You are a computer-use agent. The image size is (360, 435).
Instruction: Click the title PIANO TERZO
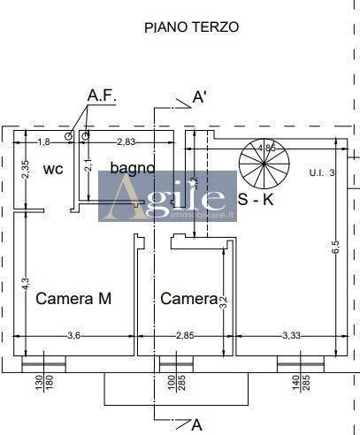tap(191, 27)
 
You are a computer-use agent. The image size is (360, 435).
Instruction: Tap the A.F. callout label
tap(103, 95)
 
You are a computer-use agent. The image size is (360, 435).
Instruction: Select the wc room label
tap(53, 168)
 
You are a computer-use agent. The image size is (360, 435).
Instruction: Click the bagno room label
tap(133, 167)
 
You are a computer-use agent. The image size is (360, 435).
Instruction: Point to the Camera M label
tap(73, 299)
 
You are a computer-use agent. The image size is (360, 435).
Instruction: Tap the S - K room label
tap(257, 200)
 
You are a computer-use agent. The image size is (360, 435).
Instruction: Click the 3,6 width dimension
tap(75, 335)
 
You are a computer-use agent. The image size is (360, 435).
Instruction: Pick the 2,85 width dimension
tap(184, 335)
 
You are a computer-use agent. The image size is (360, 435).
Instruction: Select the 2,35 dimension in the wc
tap(26, 169)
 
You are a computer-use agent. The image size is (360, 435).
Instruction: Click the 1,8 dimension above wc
tap(43, 141)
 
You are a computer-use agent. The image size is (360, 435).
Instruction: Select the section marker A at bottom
tap(196, 424)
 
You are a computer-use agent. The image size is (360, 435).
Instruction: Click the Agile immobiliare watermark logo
tap(167, 195)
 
